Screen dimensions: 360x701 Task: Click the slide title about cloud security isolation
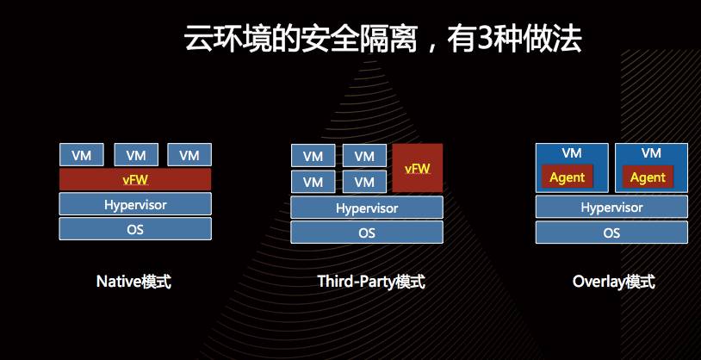click(x=382, y=39)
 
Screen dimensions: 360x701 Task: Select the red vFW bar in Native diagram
click(x=135, y=179)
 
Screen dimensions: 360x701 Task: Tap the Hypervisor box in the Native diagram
click(x=135, y=204)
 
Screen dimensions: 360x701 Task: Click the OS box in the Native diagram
click(x=135, y=229)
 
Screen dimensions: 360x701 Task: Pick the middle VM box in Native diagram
click(x=135, y=155)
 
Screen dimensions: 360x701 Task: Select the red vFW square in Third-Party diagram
click(x=418, y=168)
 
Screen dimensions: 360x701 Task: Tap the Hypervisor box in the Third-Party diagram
click(x=367, y=208)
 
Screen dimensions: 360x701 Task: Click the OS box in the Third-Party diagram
click(x=367, y=233)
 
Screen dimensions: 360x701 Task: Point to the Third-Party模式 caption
click(x=371, y=282)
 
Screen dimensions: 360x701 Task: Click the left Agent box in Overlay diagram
click(x=567, y=177)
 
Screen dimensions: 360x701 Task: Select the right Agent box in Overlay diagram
click(x=648, y=177)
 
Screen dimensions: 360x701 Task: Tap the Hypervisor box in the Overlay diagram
click(x=611, y=208)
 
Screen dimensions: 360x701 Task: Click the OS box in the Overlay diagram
click(x=611, y=233)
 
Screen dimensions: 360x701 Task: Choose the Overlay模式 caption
click(x=613, y=282)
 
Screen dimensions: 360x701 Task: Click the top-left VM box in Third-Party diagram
click(x=313, y=156)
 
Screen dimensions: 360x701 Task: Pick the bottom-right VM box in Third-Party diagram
click(x=364, y=182)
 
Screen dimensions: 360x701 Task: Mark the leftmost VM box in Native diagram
click(x=82, y=155)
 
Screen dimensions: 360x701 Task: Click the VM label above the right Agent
click(x=651, y=153)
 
